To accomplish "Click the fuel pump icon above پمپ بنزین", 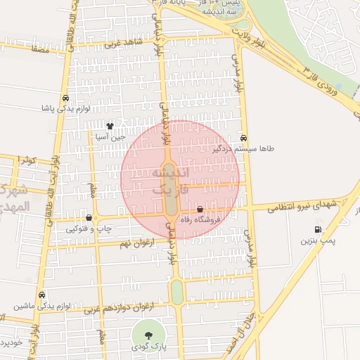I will click(318, 229).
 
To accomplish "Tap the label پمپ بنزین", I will click(320, 240).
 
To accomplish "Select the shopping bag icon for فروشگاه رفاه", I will click(200, 209).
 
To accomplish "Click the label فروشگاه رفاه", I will click(201, 220).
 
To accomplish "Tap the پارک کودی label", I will click(148, 347).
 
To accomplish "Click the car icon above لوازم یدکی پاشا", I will click(65, 98).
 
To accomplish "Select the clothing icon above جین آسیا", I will click(109, 126).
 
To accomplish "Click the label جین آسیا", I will click(110, 138).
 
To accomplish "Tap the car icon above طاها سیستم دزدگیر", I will click(244, 138).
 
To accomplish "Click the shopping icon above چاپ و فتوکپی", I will click(88, 217).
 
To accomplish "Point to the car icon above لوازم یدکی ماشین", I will click(41, 295).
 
